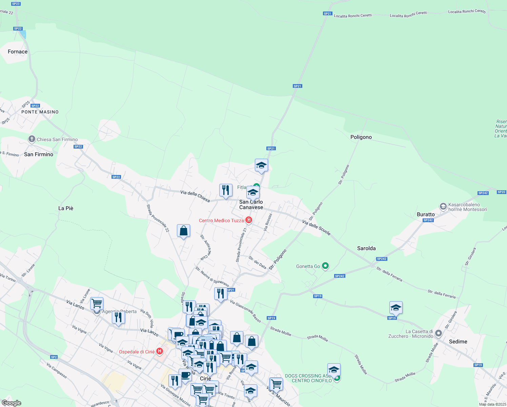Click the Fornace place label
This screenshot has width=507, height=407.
(18, 52)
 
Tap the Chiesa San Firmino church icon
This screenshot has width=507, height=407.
(32, 139)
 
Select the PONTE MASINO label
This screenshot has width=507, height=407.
(40, 112)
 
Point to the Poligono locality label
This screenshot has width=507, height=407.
(361, 137)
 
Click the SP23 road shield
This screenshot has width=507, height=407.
(16, 4)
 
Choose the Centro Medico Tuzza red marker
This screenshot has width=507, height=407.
(249, 220)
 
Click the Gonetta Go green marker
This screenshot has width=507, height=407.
(325, 266)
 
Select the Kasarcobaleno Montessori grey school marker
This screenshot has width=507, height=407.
(443, 206)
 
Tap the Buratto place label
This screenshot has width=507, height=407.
(426, 214)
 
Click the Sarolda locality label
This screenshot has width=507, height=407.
(366, 248)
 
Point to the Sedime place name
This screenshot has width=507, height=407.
(458, 342)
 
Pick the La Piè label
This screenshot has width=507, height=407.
(66, 208)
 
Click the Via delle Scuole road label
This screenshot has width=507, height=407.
(316, 228)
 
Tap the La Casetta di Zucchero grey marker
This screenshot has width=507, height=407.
(438, 333)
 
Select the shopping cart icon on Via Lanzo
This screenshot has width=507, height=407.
(97, 303)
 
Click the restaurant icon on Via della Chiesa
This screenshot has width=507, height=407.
(226, 190)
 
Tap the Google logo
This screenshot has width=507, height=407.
(11, 403)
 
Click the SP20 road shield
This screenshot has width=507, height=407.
(501, 192)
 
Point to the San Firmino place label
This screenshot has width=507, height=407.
(39, 154)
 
